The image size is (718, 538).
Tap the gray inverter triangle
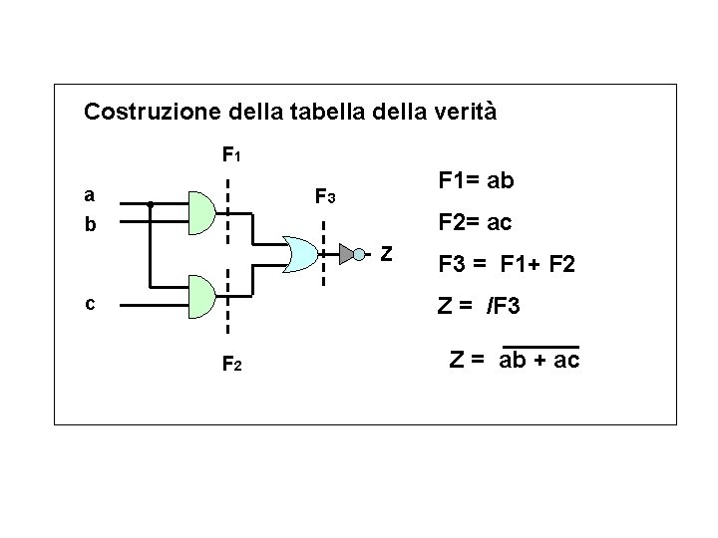(x=345, y=254)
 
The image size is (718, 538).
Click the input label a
(x=90, y=194)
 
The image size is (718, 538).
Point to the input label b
(x=90, y=225)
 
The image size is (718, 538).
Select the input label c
(x=90, y=304)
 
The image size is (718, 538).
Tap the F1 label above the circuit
(x=230, y=155)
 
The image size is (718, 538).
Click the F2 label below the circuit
(x=230, y=366)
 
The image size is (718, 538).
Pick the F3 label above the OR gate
(x=325, y=197)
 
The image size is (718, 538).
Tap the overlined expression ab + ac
(x=539, y=360)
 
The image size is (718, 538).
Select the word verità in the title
(x=463, y=111)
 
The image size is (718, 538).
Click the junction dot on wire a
(x=150, y=204)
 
